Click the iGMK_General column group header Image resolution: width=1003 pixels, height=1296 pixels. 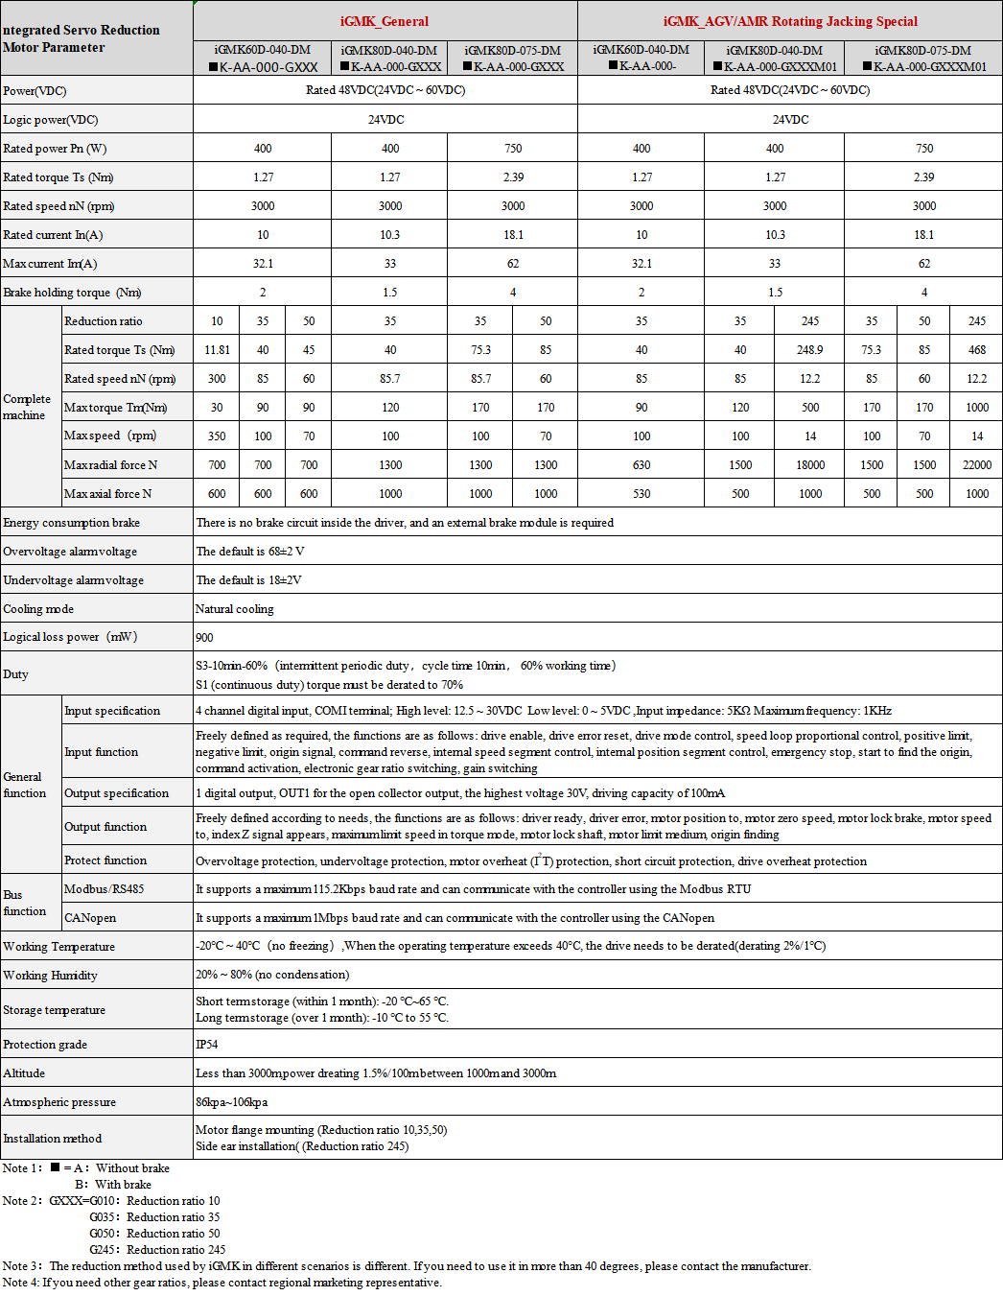click(385, 21)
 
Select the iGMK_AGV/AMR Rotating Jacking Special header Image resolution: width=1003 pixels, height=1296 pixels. click(790, 21)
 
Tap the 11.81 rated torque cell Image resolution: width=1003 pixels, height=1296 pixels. click(217, 350)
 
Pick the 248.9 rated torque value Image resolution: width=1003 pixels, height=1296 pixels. click(810, 350)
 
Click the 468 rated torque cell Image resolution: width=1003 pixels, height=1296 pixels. click(976, 350)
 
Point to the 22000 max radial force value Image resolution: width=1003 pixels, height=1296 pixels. click(976, 465)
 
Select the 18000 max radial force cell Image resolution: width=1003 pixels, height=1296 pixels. click(810, 465)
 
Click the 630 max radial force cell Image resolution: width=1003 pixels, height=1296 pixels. click(641, 465)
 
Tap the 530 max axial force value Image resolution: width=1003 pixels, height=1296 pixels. click(641, 494)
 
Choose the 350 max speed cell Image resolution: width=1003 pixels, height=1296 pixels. click(217, 436)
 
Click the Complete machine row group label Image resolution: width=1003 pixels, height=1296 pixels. click(27, 407)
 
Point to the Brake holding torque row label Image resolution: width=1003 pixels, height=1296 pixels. click(72, 293)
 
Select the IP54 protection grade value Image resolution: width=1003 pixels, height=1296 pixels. click(207, 1045)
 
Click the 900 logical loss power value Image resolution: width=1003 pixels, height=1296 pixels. click(204, 638)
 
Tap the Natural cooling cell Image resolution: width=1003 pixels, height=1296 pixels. click(235, 609)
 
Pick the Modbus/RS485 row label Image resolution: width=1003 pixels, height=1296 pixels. click(104, 889)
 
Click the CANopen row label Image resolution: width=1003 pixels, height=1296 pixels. click(90, 918)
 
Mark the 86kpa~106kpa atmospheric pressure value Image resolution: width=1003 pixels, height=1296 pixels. click(232, 1102)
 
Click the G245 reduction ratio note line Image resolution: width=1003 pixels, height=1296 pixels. click(157, 1250)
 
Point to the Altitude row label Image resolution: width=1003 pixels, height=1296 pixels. click(24, 1073)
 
